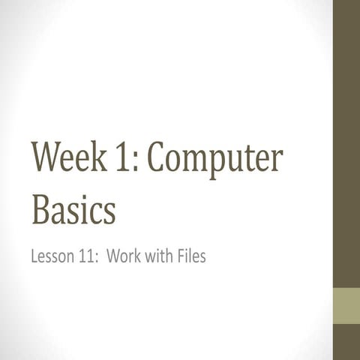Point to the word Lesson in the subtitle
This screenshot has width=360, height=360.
click(52, 257)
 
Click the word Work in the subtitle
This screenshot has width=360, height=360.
click(124, 257)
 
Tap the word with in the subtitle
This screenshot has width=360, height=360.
click(158, 257)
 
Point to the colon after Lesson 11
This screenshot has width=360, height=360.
click(97, 259)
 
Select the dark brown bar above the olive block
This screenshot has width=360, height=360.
click(346, 142)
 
